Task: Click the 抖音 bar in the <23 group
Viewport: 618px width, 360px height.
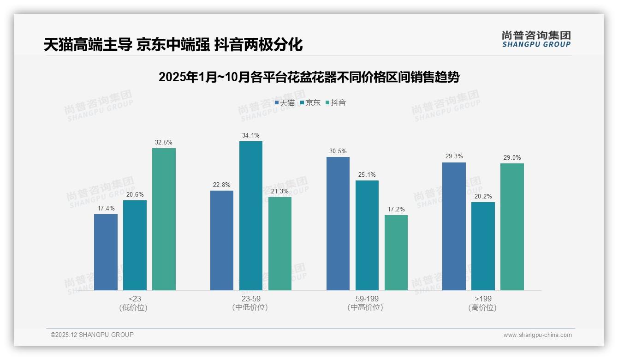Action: (164, 219)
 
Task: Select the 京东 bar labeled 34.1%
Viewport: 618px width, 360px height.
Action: (250, 216)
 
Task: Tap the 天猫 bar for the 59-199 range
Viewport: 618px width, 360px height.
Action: (338, 223)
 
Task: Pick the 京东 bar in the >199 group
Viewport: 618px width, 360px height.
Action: (483, 246)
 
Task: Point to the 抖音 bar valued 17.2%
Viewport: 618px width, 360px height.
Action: (396, 252)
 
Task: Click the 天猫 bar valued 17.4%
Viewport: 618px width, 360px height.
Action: (106, 252)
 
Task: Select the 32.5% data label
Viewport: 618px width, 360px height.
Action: (164, 142)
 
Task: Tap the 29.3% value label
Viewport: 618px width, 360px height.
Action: (454, 156)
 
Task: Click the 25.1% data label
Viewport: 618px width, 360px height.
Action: (367, 174)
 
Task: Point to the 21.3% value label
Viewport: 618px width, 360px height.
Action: (280, 191)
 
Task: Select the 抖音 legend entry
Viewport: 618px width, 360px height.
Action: (336, 103)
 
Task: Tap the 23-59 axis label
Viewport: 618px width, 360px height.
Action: (250, 299)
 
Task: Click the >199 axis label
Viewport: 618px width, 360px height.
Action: (482, 299)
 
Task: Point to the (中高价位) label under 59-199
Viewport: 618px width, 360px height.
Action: (367, 307)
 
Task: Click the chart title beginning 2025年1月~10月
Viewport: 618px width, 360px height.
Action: (309, 77)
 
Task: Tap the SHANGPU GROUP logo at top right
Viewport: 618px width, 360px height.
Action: (536, 39)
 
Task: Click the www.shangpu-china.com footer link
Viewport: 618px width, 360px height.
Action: (537, 335)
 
